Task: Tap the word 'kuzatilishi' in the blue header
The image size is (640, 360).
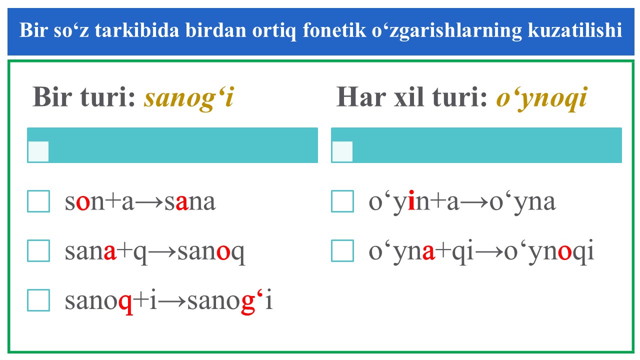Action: point(575,30)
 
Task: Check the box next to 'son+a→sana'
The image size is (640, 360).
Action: point(38,201)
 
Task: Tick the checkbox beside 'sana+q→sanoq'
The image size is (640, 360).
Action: point(38,250)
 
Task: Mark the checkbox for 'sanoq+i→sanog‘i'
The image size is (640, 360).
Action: point(38,300)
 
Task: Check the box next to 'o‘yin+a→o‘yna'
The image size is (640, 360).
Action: point(342,201)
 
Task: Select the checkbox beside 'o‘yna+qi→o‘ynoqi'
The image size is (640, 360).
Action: point(342,250)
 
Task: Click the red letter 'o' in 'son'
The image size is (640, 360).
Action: point(83,202)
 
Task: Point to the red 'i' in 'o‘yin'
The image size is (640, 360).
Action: point(411,200)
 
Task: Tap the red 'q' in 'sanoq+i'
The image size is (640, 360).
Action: point(125,304)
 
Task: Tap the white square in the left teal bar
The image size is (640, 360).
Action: point(38,151)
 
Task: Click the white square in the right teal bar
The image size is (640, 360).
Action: point(342,151)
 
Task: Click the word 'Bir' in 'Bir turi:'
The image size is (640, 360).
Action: point(52,97)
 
